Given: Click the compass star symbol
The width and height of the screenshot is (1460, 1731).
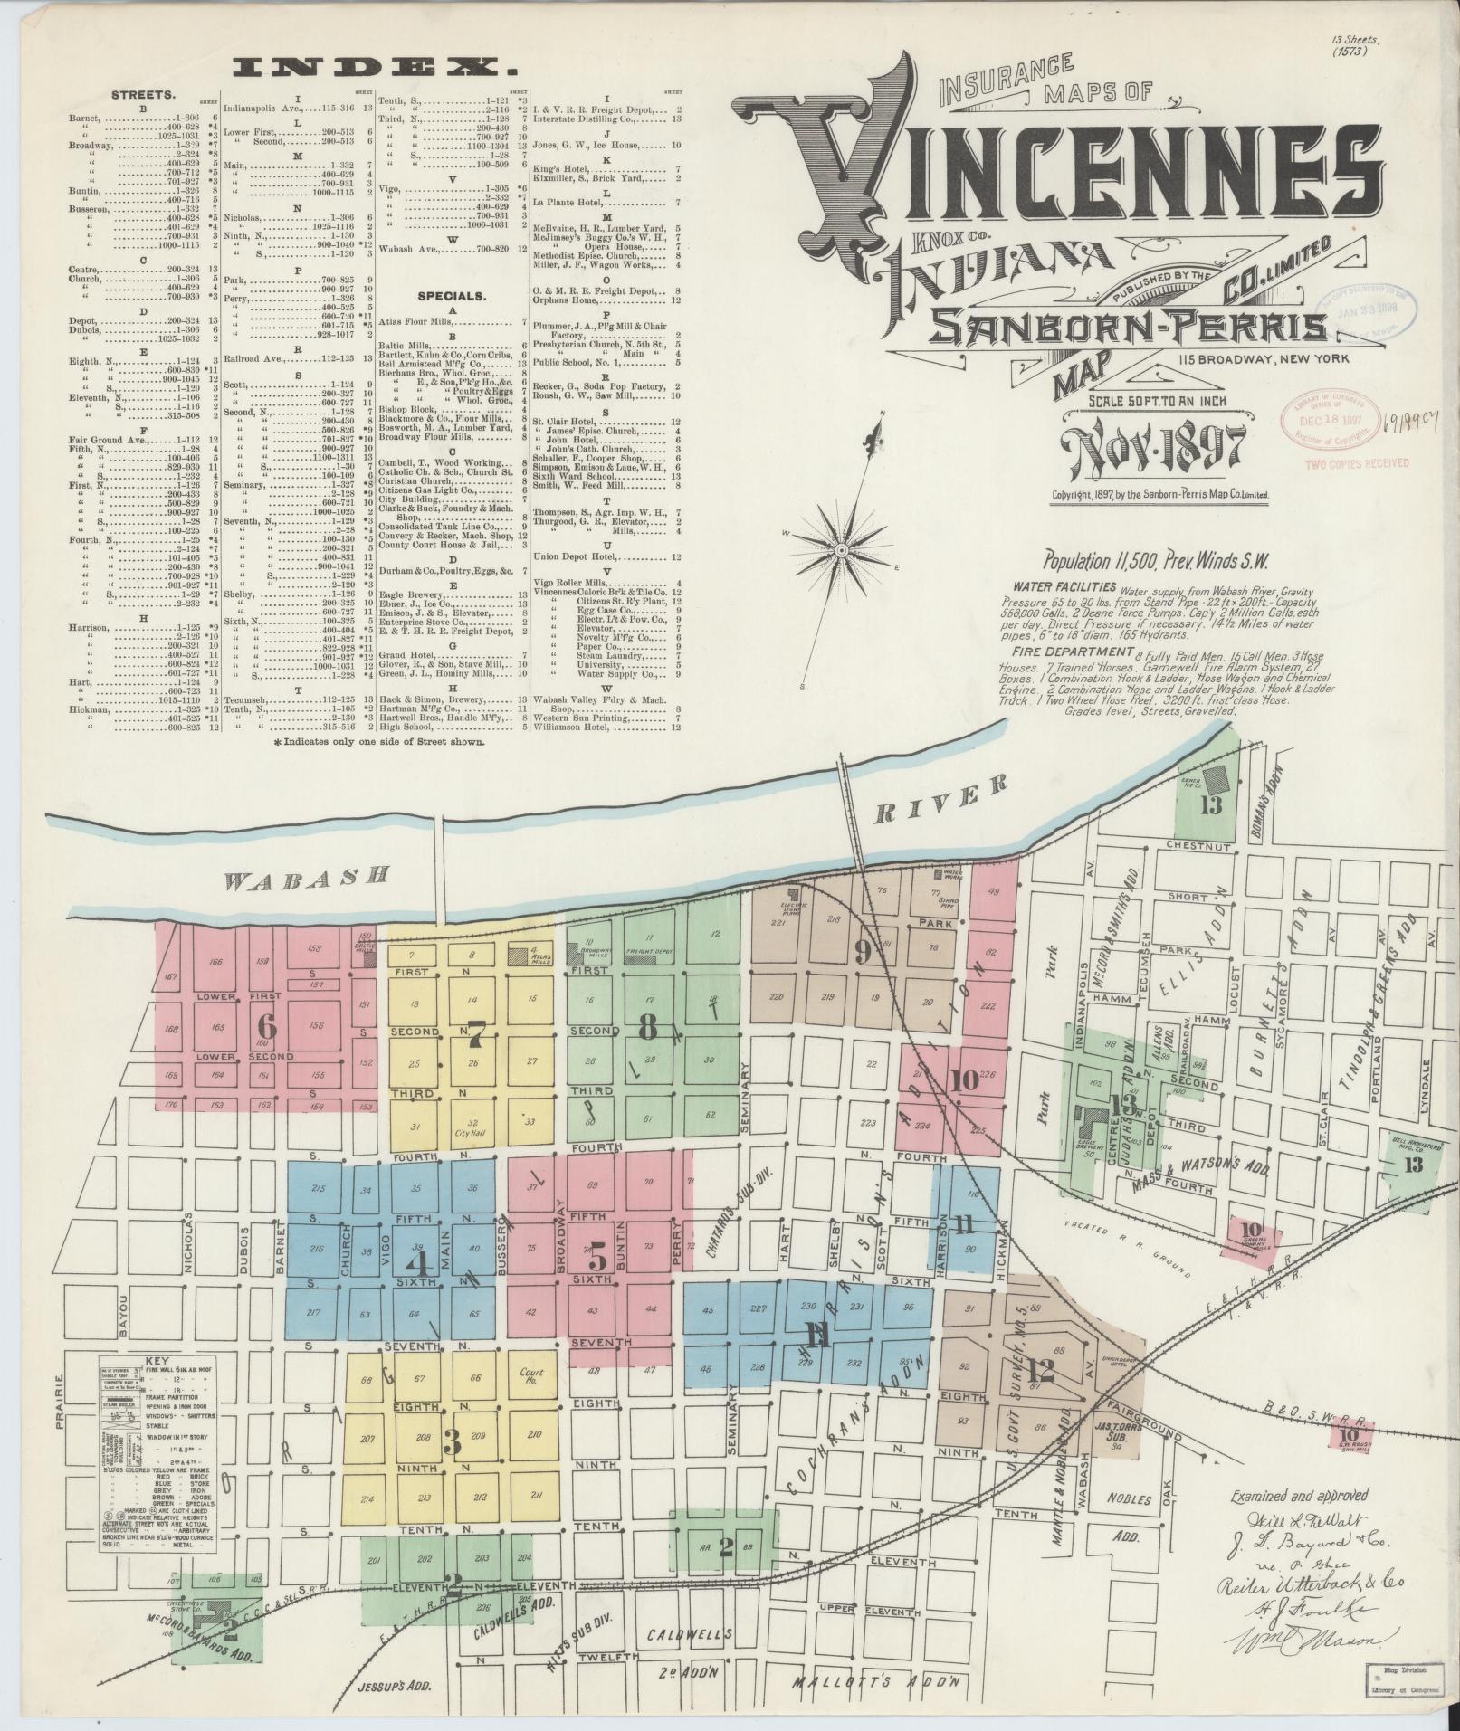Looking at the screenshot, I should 842,549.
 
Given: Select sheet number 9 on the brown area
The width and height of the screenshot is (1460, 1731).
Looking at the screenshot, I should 863,950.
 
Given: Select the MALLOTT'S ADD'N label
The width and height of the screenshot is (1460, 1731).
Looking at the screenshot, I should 874,1682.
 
